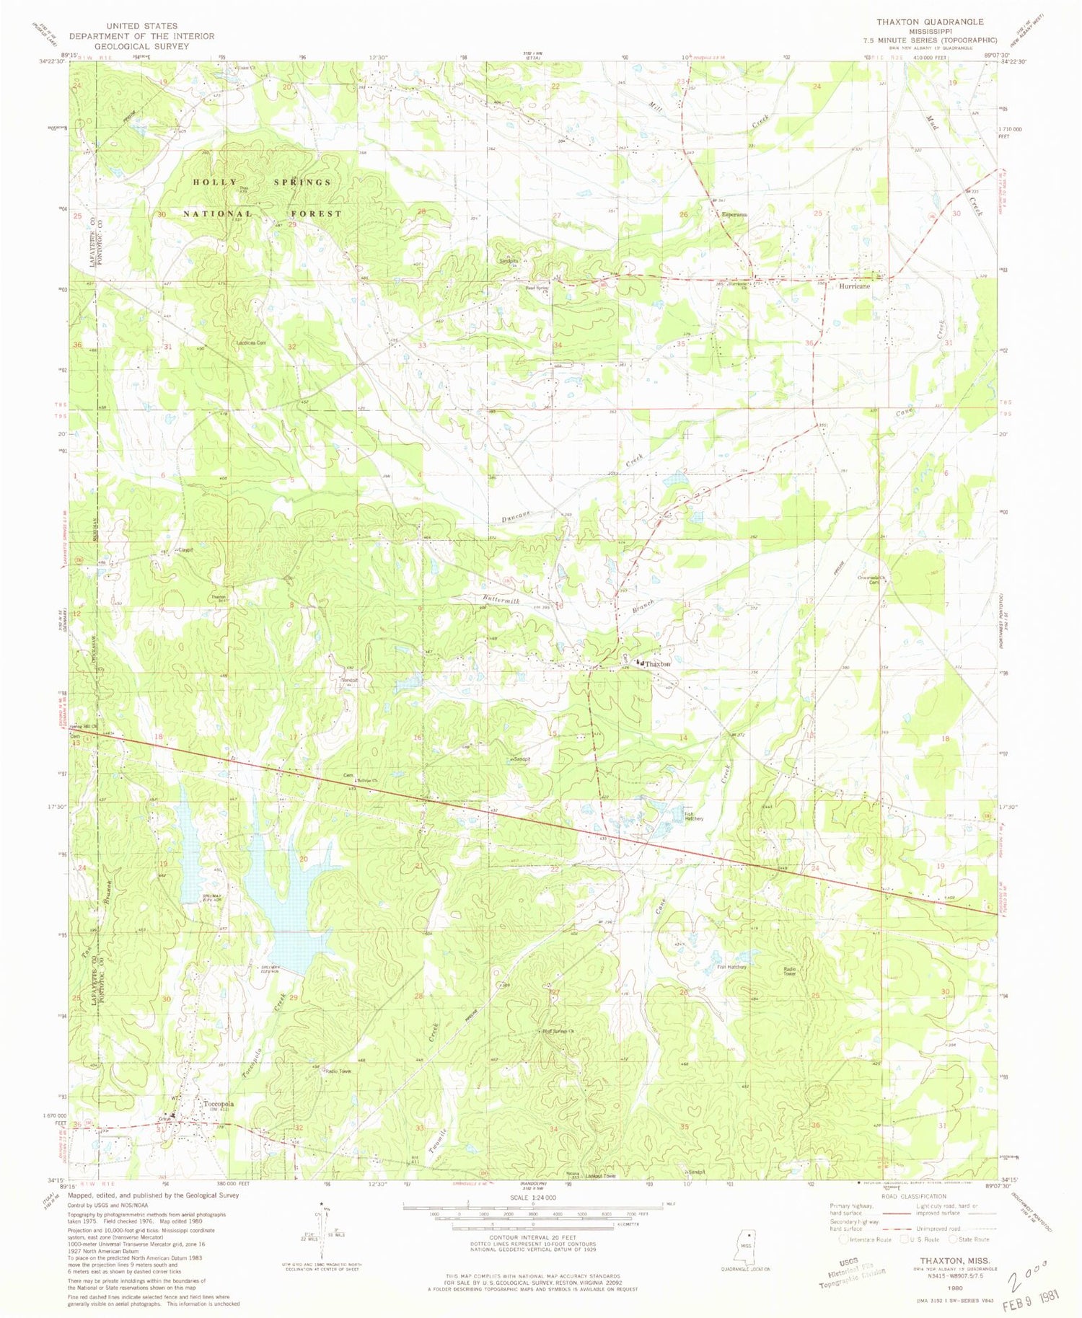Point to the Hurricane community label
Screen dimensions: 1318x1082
pos(854,286)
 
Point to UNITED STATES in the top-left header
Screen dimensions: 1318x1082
pos(141,26)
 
